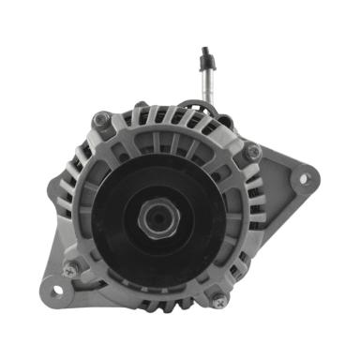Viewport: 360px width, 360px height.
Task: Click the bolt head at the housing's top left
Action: tap(102, 120)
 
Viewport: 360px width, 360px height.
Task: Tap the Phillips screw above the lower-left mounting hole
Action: tap(72, 269)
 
